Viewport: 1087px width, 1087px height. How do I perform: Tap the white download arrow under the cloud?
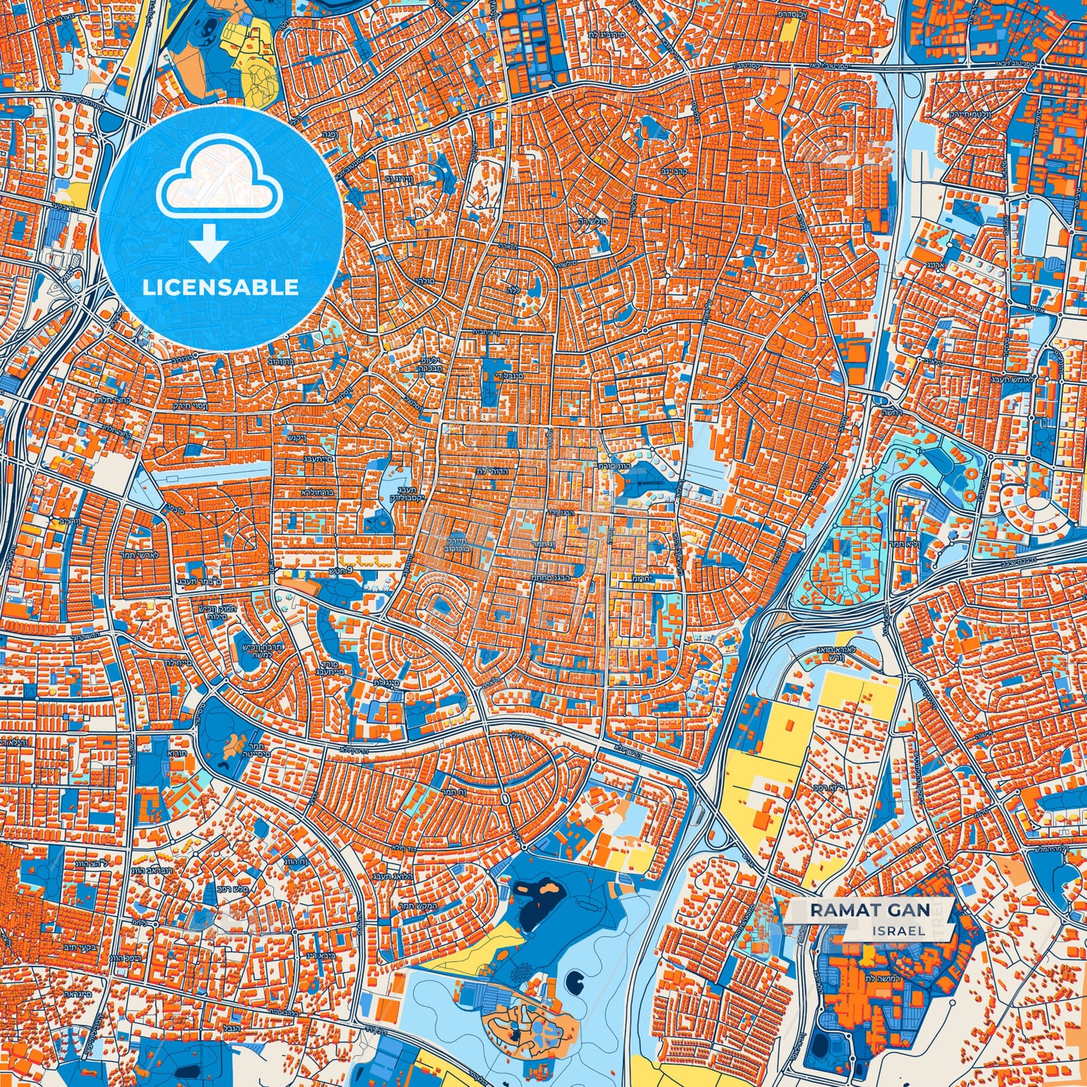click(x=210, y=245)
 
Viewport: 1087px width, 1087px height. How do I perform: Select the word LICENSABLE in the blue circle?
click(x=220, y=287)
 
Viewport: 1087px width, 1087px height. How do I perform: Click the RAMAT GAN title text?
click(x=869, y=909)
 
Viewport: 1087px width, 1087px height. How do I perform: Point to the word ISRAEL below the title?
click(x=899, y=931)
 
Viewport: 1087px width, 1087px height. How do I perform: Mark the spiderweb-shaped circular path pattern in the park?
click(x=519, y=974)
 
